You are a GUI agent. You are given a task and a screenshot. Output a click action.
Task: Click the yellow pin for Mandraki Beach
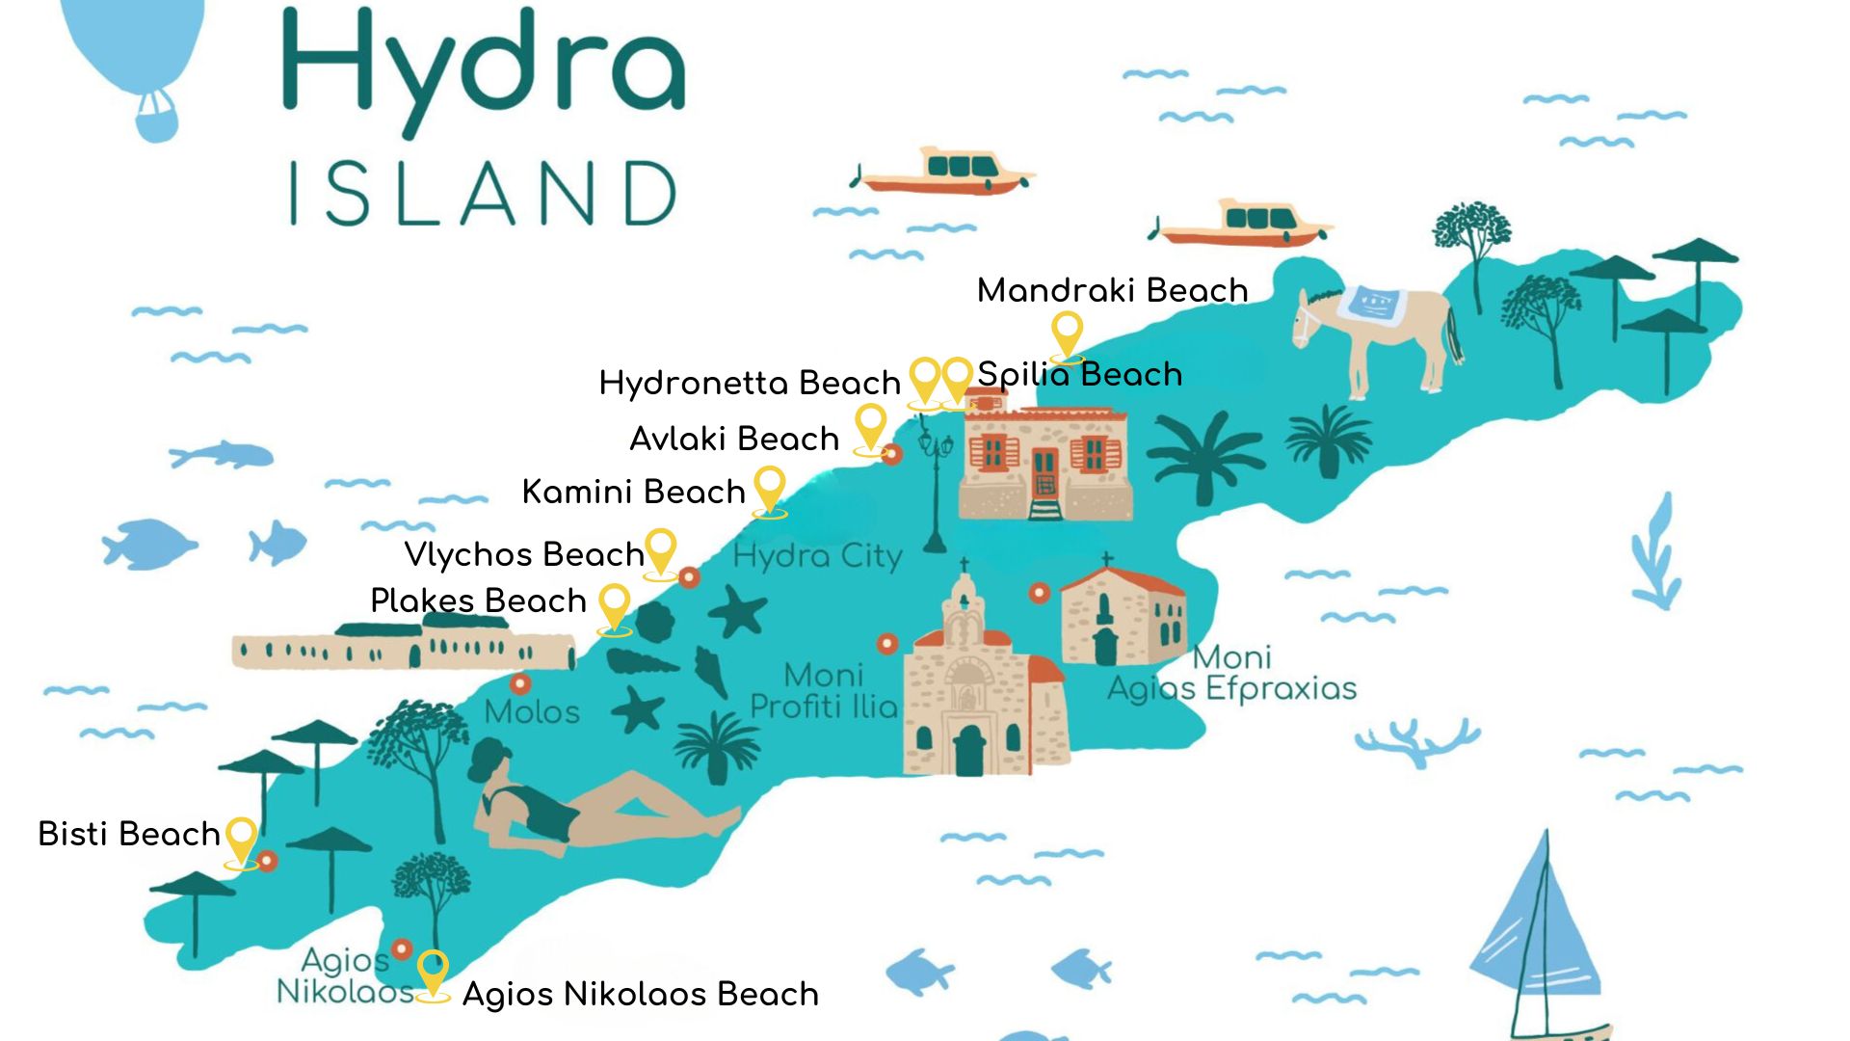(1067, 333)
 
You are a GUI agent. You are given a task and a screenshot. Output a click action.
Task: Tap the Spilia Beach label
(1079, 374)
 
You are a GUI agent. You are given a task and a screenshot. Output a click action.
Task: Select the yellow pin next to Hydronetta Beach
(924, 378)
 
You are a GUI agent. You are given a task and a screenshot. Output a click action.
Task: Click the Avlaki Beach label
(734, 439)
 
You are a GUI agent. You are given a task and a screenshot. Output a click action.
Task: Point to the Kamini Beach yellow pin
(769, 487)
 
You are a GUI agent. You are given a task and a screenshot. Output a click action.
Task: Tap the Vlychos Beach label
(523, 554)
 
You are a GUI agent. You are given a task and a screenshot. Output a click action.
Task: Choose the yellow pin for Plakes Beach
(614, 604)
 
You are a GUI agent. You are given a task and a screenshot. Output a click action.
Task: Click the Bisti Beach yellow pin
(241, 838)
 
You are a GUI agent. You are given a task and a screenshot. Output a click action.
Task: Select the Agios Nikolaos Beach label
(641, 994)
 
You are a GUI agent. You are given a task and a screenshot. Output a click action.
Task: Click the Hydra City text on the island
(817, 556)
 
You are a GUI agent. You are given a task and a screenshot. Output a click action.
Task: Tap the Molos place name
(532, 712)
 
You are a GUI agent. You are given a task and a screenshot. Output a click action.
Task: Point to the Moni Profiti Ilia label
(824, 691)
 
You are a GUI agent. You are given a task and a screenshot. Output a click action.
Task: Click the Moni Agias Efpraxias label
(1231, 674)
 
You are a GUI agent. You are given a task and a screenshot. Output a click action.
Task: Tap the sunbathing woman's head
(491, 761)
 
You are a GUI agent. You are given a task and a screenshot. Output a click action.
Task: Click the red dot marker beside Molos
(520, 684)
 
